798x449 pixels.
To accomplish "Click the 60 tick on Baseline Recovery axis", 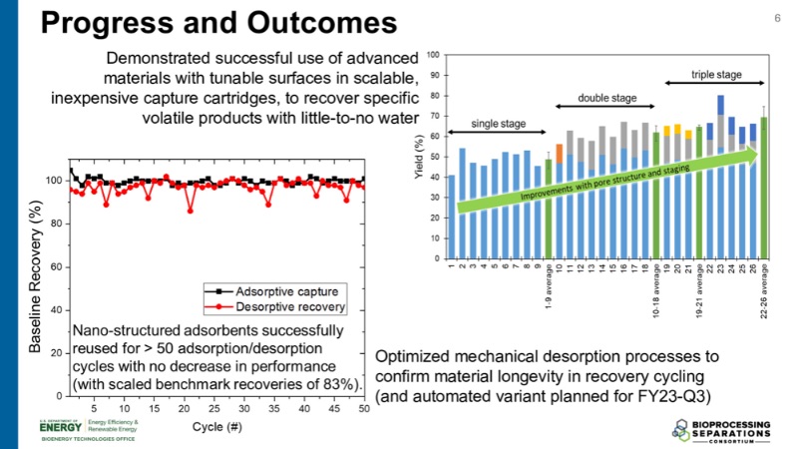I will (x=56, y=267).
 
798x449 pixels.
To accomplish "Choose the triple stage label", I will (x=715, y=75).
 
